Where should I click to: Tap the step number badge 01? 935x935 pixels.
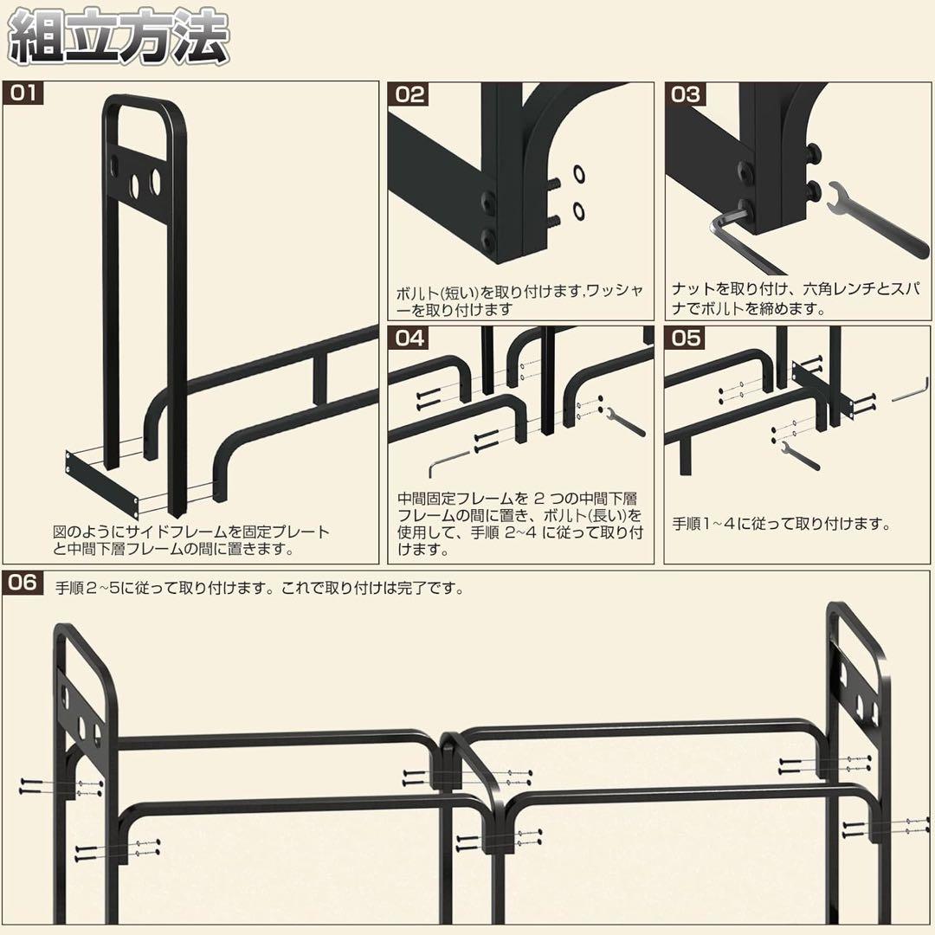click(x=23, y=93)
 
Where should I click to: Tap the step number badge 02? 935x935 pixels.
click(x=409, y=94)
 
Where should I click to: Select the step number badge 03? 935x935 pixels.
click(x=686, y=94)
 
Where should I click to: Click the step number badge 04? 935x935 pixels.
click(x=409, y=337)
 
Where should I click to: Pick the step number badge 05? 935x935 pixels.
click(x=686, y=337)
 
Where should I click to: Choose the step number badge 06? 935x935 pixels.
click(x=23, y=582)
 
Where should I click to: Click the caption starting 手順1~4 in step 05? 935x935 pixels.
click(x=782, y=525)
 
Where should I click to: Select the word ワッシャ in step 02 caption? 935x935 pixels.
click(x=617, y=292)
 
